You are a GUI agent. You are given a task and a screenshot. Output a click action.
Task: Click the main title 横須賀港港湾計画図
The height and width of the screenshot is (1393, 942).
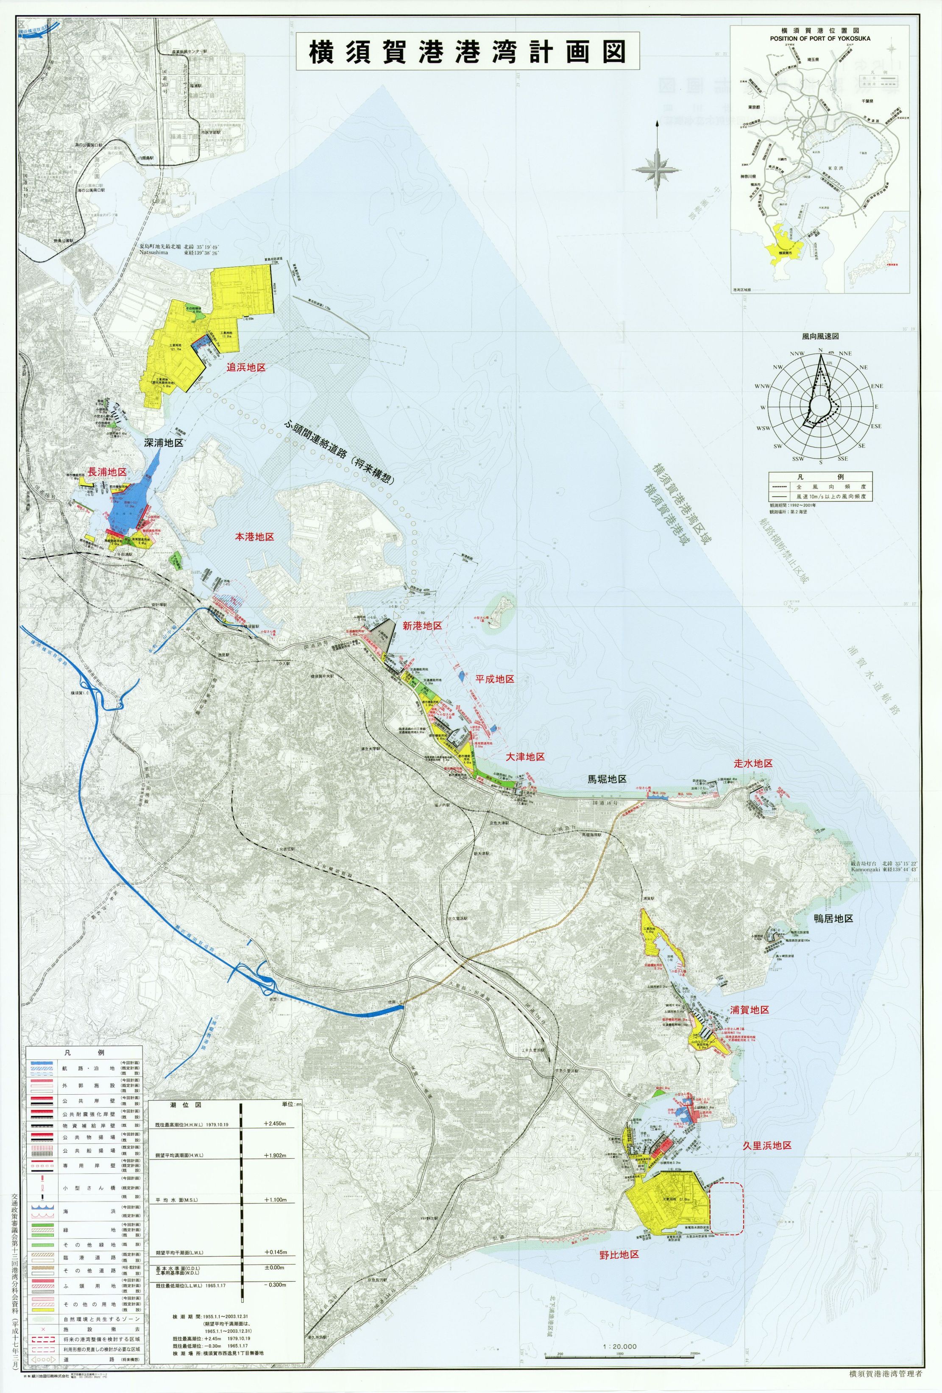467,53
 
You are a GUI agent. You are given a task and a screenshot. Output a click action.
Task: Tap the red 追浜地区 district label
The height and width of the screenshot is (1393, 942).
245,367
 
